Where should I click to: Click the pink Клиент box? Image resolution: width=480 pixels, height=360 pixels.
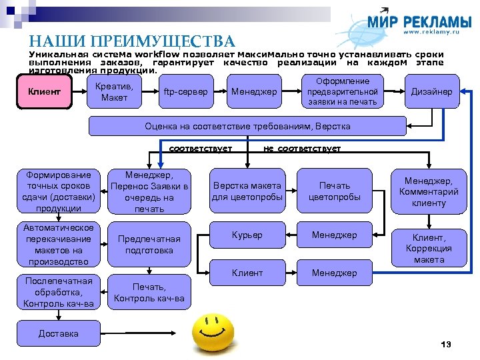point(44,92)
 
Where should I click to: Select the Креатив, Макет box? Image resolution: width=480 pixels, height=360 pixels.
point(115,92)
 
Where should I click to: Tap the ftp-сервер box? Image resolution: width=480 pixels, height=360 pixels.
point(185,92)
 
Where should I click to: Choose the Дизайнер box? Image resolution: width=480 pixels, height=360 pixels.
point(431,92)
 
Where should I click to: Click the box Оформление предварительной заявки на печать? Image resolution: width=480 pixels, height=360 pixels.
point(342,91)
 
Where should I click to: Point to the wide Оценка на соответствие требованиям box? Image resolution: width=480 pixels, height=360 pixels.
point(247,126)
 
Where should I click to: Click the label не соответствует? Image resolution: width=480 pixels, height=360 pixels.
point(302,149)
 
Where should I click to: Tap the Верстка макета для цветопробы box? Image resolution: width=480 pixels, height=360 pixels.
point(247,191)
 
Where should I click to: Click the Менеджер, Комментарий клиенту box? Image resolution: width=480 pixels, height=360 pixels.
point(429,191)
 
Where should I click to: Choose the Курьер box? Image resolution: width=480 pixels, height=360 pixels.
point(247,235)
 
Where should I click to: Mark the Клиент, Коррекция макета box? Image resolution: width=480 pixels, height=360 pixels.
point(429,248)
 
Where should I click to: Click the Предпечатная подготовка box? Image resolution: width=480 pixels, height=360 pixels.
point(149,245)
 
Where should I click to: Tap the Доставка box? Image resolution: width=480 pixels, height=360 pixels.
point(59,333)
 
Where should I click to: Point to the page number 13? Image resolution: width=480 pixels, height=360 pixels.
point(446,345)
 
